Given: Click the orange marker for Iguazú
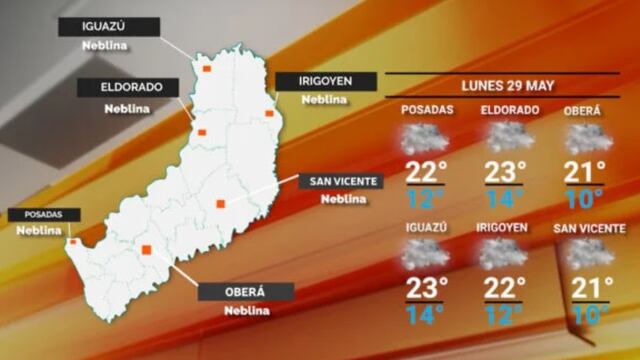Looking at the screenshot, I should pos(208,69).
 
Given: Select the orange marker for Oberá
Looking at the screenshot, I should pos(146,250).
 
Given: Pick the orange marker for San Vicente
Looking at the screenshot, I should pos(220,204).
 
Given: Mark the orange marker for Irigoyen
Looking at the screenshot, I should pos(269,113).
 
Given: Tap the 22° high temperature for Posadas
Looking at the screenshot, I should pos(425,171).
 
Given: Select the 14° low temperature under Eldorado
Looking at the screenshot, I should pos(503,197).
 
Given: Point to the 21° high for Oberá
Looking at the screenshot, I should pos(585,171).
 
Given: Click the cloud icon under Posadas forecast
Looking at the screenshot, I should pos(425,138).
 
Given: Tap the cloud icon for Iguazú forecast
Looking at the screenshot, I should pos(425,255).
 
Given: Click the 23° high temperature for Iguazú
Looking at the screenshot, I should pos(425,288).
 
